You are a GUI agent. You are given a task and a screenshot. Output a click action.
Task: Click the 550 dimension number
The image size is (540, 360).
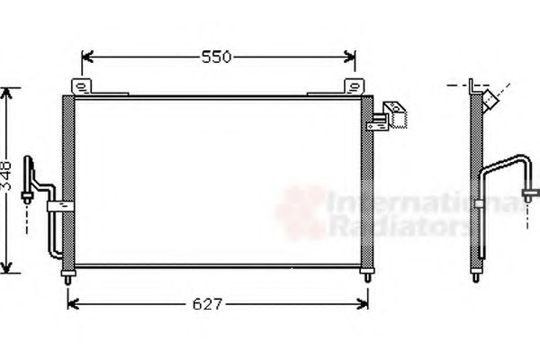click(216, 58)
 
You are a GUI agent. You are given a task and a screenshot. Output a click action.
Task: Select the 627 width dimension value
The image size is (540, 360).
click(207, 304)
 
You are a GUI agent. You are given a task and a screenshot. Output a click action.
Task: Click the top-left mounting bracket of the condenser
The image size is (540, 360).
click(84, 88)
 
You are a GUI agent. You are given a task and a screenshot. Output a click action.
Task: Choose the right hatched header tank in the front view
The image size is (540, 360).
click(365, 180)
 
